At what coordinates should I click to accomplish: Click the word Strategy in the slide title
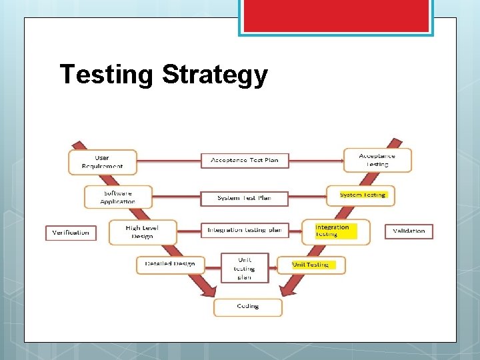coord(215,75)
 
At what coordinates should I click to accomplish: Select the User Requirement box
coord(102,162)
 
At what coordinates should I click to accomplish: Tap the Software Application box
coord(118,197)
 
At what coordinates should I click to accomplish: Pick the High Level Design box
coord(143,232)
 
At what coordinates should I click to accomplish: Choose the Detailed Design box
coord(170,264)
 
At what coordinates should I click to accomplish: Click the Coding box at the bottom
coord(247,307)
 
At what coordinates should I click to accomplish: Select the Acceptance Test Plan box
coord(245,161)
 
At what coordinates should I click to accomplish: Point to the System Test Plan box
coord(245,198)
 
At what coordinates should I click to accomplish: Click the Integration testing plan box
coord(244,231)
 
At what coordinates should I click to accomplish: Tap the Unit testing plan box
coord(245,268)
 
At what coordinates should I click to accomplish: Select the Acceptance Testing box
coord(377,161)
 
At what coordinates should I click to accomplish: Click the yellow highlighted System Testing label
coord(363,195)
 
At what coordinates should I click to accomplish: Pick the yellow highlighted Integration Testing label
coord(335,231)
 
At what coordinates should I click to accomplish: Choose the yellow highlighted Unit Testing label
coord(312,265)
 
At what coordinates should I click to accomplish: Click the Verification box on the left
coord(71,233)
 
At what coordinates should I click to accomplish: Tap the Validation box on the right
coord(409,231)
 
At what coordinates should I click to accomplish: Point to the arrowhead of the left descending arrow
coord(209,290)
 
